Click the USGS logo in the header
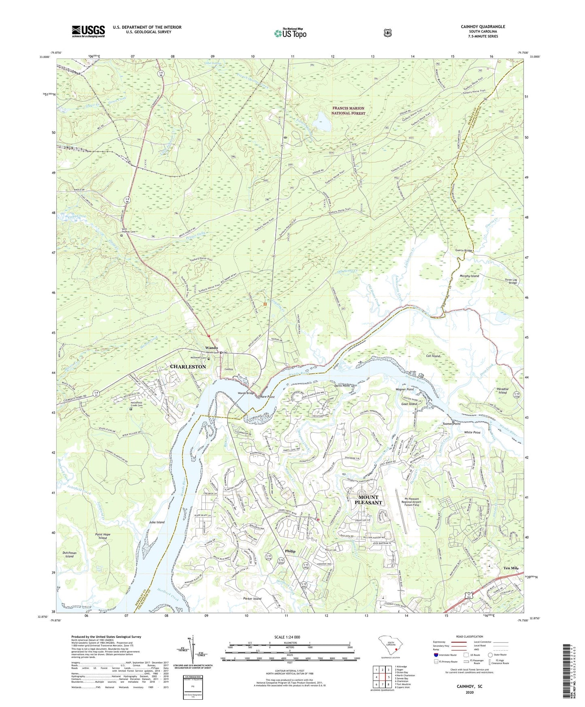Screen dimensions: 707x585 88,31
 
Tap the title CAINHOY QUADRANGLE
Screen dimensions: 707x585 483,27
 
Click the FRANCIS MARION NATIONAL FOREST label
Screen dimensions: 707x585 348,111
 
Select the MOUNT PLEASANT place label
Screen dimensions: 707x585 368,500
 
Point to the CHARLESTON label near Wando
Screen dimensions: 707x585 188,366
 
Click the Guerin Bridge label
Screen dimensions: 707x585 461,251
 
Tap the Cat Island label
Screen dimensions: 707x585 433,356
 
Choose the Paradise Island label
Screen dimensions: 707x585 502,391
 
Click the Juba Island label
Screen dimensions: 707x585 157,522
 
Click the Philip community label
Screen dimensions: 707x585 290,551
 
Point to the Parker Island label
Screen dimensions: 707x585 252,598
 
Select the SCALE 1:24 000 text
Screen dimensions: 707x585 289,637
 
